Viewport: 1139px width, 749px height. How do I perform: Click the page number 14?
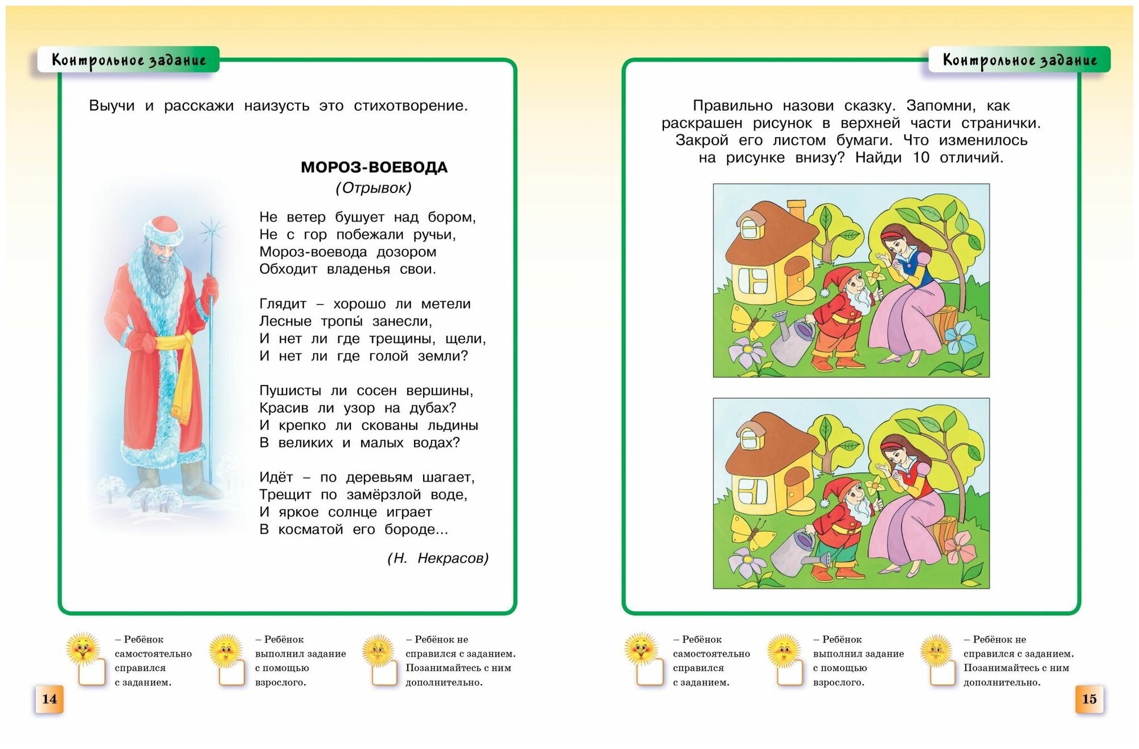tap(49, 699)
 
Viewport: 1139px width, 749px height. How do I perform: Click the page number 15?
tap(1089, 699)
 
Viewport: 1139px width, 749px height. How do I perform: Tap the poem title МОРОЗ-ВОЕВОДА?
tap(374, 167)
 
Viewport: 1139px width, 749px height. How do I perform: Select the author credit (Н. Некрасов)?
tap(437, 558)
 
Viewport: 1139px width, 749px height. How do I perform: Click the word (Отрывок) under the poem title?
tap(374, 188)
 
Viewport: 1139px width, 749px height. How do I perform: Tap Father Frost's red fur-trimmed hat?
tap(163, 230)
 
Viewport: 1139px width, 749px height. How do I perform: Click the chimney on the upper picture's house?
tap(796, 210)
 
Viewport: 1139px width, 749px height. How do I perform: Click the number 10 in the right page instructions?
tap(921, 158)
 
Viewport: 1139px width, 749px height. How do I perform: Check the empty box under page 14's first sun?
tap(92, 672)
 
